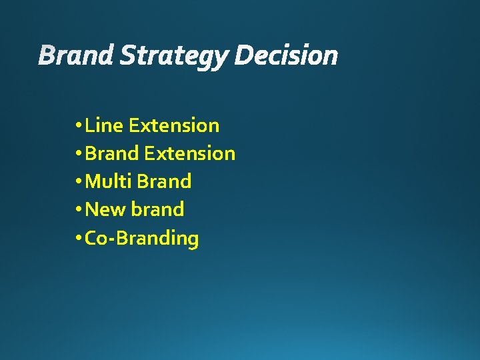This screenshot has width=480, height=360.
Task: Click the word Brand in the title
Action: coord(77,56)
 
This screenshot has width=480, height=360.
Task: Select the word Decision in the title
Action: coord(286,56)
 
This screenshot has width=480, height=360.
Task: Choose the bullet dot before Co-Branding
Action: coord(79,238)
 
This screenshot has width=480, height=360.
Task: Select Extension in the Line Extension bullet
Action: coord(174,125)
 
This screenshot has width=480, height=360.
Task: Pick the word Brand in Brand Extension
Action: coord(112,153)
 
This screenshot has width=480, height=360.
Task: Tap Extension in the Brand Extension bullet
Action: coord(189,153)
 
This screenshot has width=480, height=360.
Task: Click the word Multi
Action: coord(109,181)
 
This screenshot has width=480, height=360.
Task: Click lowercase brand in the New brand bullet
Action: coord(157,209)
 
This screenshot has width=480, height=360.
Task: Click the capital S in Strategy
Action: coord(127,56)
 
